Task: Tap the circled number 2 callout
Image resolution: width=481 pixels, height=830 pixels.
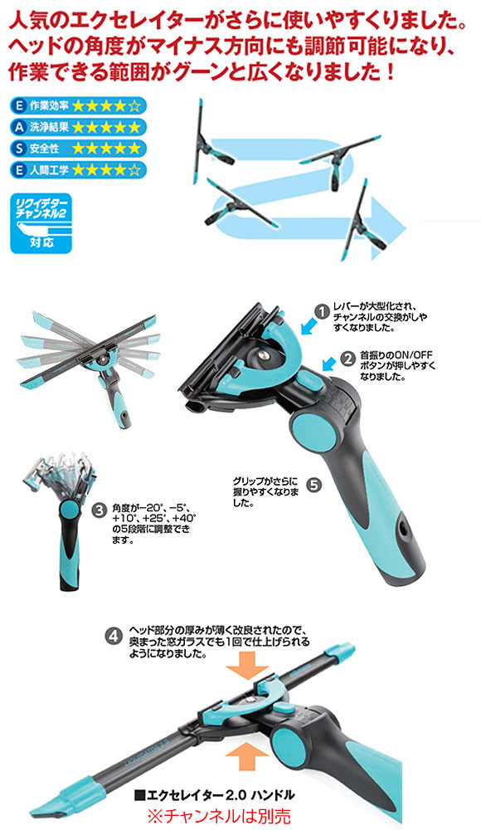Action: point(348,359)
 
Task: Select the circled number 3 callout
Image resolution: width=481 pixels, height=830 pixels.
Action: point(99,510)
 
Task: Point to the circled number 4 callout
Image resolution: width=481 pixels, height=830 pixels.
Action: point(114,636)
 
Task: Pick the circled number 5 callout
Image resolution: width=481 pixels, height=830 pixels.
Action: point(313,485)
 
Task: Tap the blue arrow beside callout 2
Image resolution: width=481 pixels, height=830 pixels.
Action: point(329,364)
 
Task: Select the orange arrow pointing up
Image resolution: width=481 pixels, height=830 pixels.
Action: point(246,756)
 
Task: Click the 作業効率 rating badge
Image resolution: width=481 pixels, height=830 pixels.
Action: point(78,106)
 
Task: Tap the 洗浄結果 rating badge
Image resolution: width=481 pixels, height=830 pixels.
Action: point(78,127)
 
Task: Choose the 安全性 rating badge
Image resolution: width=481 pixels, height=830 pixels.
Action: point(78,149)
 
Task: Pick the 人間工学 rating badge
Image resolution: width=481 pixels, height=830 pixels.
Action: point(78,170)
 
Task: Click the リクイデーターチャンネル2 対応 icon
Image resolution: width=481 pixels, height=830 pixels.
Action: point(41,223)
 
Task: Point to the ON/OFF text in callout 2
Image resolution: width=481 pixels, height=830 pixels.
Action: point(401,354)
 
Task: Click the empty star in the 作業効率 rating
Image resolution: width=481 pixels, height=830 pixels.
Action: point(134,106)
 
